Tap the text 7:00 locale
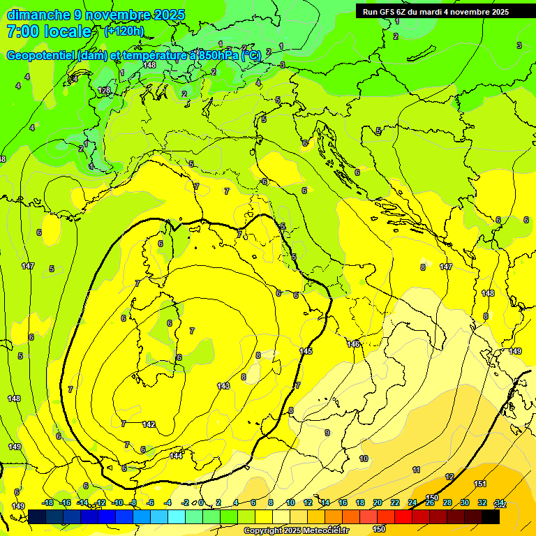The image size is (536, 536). (x=49, y=31)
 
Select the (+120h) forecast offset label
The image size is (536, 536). (x=124, y=31)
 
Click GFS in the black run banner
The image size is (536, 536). (x=389, y=12)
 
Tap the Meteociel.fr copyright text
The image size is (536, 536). (x=296, y=530)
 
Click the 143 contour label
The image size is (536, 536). (x=223, y=385)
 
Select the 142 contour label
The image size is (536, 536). (x=149, y=424)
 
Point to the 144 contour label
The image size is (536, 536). (x=176, y=456)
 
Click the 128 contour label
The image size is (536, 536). (x=104, y=91)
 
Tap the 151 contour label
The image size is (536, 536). (x=480, y=484)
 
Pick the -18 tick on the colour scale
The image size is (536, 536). (x=47, y=503)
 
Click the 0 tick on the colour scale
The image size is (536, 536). (x=201, y=503)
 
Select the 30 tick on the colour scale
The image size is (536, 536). (x=465, y=503)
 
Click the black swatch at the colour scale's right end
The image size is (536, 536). (x=490, y=516)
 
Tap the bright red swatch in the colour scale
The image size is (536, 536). (x=403, y=516)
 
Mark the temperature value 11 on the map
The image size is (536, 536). (x=416, y=470)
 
